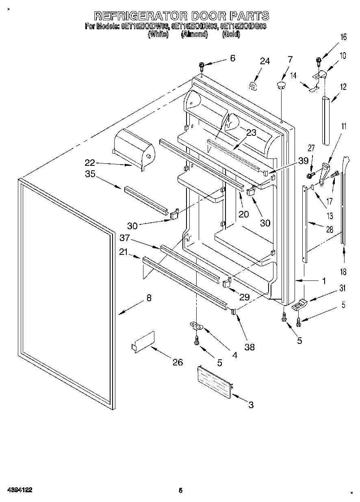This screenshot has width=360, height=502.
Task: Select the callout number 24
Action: point(265,61)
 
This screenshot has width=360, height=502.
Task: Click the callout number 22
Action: point(90,163)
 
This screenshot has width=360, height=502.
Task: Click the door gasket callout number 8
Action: point(149,298)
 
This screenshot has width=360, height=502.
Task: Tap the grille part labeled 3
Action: point(215,380)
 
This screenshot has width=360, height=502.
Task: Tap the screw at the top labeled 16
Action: point(319,61)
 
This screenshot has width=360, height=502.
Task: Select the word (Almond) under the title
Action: point(194,35)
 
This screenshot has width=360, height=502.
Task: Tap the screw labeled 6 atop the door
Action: point(202,66)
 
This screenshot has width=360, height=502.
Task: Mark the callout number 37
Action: point(125,238)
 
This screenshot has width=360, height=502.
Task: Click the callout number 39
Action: point(303,161)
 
